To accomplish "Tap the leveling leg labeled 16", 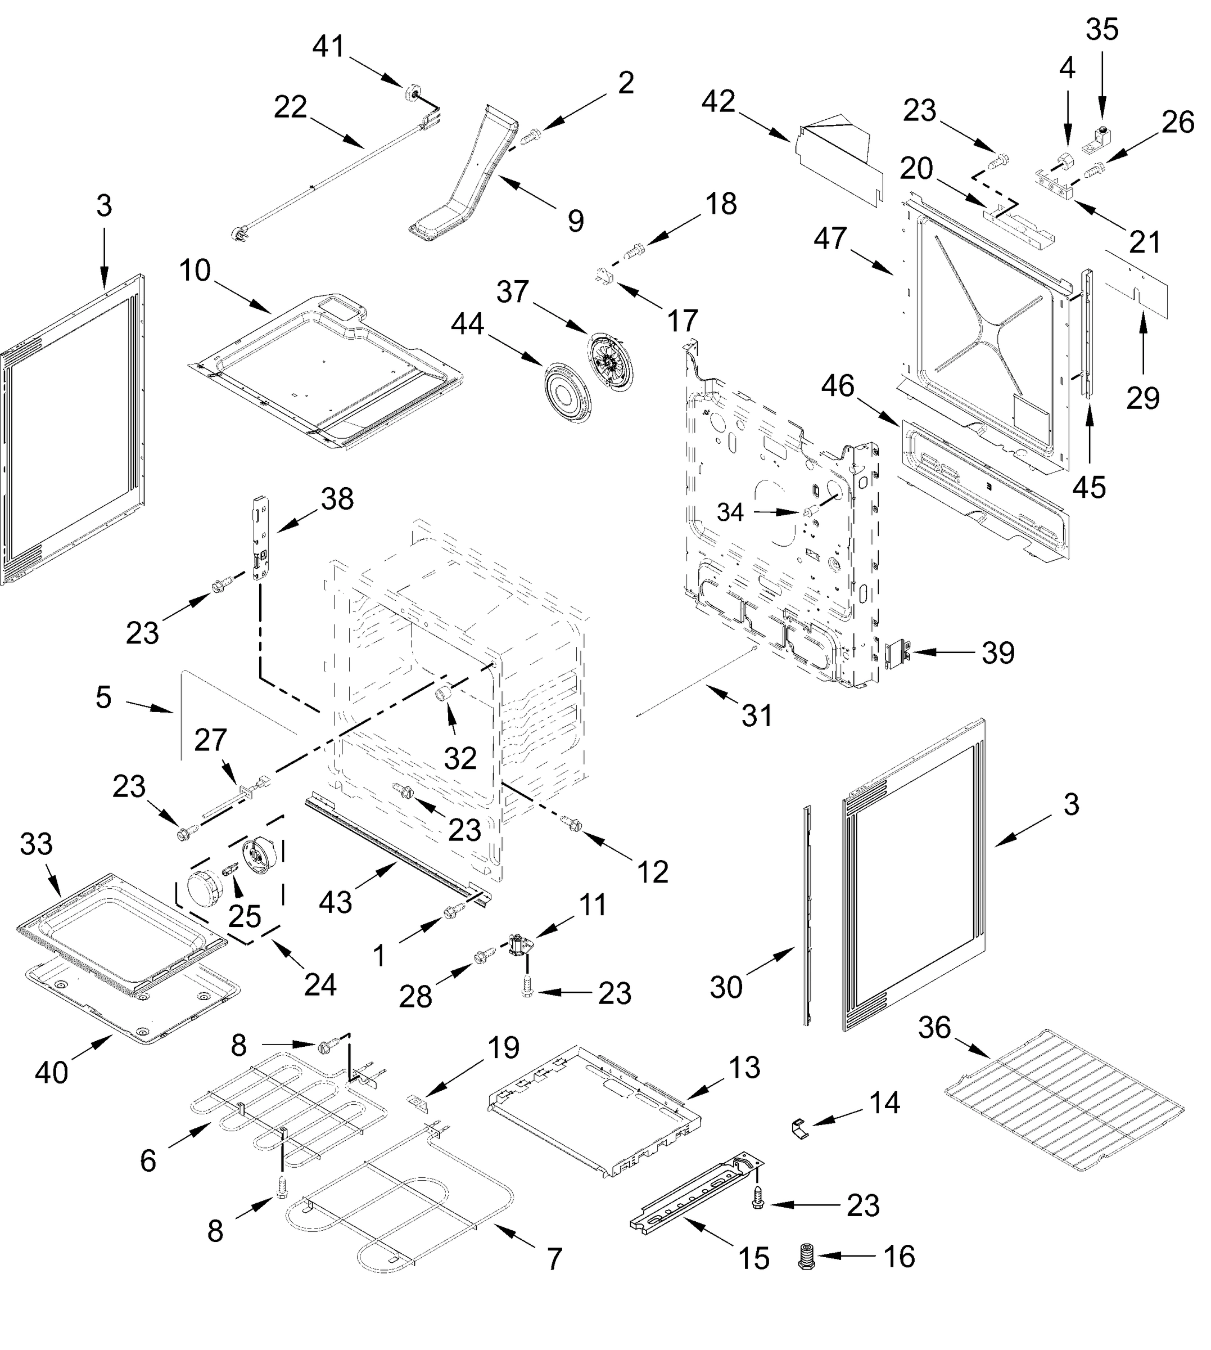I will coord(806,1257).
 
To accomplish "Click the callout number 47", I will coord(830,238).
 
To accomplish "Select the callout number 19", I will coord(504,1048).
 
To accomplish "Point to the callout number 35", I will coord(1102,30).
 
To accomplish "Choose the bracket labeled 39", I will coord(898,652).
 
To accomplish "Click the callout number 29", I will coord(1142,398).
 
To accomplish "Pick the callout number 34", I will coord(730,512).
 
